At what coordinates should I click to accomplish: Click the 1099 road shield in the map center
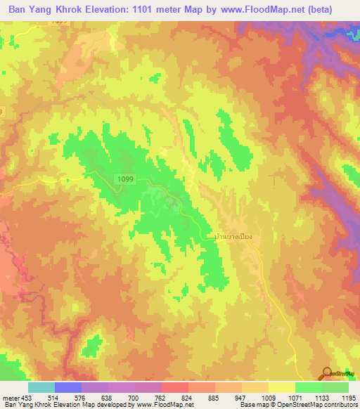(x=125, y=179)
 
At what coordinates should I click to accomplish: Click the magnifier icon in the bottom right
(x=327, y=374)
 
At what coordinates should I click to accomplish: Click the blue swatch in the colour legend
(x=68, y=387)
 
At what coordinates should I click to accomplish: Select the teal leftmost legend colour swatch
(x=41, y=387)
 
